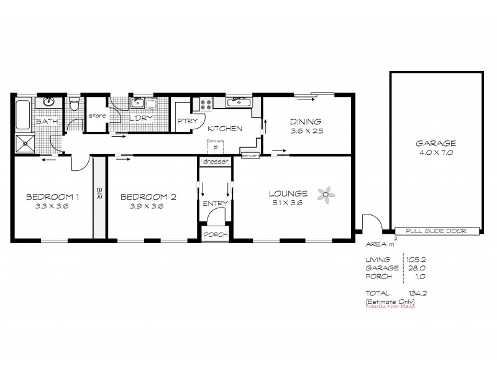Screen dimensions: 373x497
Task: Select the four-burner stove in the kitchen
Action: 206,104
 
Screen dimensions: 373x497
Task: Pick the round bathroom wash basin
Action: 47,103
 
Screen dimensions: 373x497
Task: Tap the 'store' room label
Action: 98,116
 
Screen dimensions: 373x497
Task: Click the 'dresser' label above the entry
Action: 216,162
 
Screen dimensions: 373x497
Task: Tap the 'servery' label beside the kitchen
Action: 249,155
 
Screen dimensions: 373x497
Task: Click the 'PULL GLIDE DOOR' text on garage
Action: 435,231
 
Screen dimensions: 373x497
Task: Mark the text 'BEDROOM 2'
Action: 149,197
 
